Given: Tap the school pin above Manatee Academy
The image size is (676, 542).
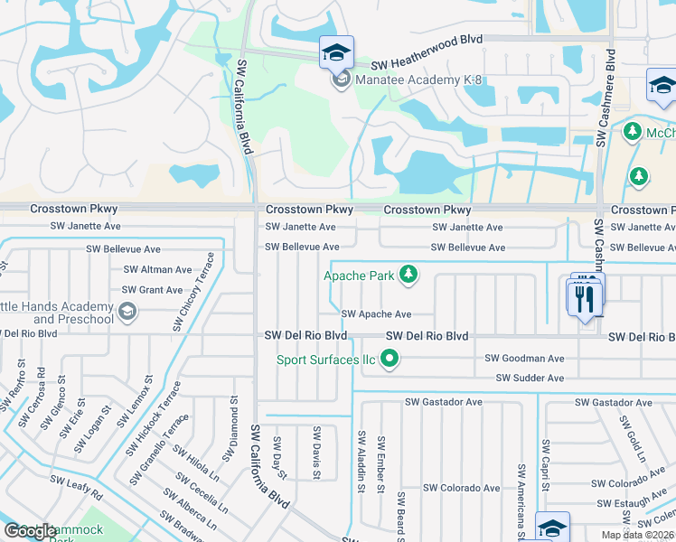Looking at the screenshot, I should pyautogui.click(x=336, y=52).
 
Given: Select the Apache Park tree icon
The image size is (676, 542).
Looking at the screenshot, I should pyautogui.click(x=408, y=274).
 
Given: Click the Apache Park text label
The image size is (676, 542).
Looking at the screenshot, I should pyautogui.click(x=360, y=275).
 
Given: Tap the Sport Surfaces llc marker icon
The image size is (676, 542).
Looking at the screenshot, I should pyautogui.click(x=390, y=360).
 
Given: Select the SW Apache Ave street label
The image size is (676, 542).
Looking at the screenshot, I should pyautogui.click(x=376, y=314).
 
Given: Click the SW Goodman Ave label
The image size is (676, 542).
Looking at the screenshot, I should pyautogui.click(x=530, y=359).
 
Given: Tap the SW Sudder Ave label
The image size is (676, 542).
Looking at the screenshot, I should pyautogui.click(x=530, y=378).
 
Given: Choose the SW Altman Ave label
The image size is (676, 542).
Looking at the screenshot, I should pyautogui.click(x=157, y=269).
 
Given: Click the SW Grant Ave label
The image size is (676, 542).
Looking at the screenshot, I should pyautogui.click(x=152, y=290).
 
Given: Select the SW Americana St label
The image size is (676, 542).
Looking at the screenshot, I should pyautogui.click(x=522, y=496).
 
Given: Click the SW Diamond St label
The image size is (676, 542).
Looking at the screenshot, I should pyautogui.click(x=233, y=424).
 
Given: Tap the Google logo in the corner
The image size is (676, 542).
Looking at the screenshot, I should pyautogui.click(x=30, y=530).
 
